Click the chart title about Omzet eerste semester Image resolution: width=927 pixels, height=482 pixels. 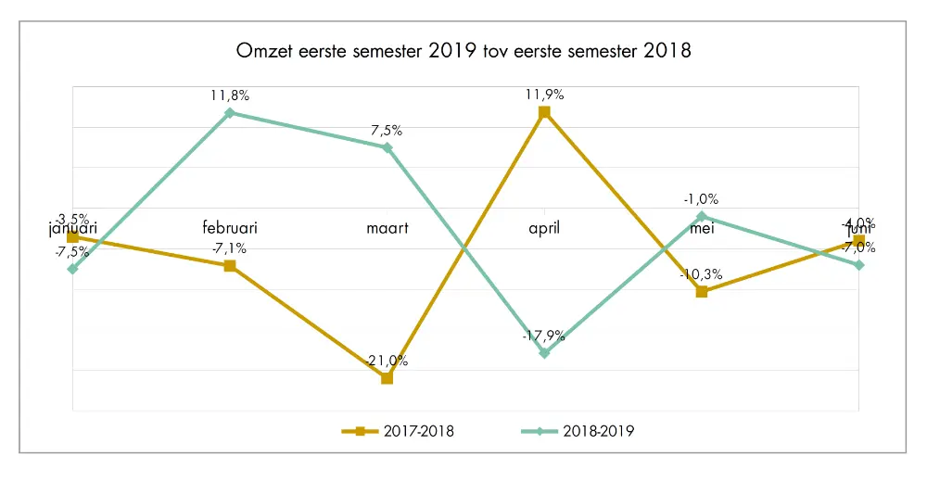(x=463, y=50)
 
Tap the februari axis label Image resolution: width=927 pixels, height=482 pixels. (x=230, y=227)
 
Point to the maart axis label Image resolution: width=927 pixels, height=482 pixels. (x=387, y=227)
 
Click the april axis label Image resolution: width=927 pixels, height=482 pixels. (x=544, y=227)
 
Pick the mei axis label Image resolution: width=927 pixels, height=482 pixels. (x=702, y=227)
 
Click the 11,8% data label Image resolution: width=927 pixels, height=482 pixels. (x=230, y=95)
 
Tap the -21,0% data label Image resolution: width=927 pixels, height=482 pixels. (x=387, y=361)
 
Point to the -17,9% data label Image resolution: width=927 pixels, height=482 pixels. (x=544, y=336)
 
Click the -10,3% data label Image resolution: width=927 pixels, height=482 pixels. (x=702, y=274)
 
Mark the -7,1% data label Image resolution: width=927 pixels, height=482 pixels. (x=230, y=248)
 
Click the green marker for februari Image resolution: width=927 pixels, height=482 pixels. (x=230, y=113)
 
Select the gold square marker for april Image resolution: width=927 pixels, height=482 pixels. (x=544, y=112)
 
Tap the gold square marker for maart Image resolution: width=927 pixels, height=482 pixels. (x=387, y=378)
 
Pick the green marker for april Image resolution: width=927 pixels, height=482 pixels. (x=544, y=353)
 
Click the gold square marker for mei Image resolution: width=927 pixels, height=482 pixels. (x=702, y=292)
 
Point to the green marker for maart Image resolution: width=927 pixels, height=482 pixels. (x=387, y=147)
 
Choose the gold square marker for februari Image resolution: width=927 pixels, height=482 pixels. (x=230, y=266)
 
